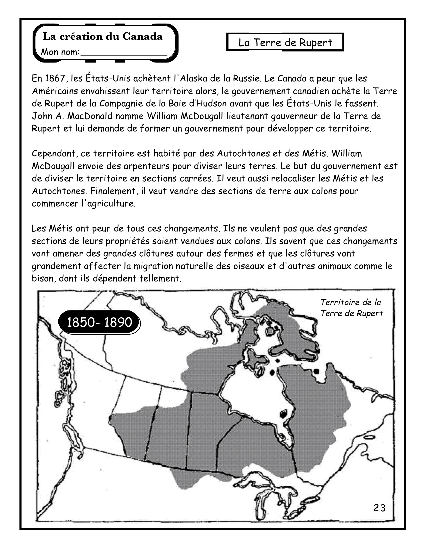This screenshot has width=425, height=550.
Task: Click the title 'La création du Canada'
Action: tap(103, 36)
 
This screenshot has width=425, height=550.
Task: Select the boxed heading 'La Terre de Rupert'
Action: tap(285, 43)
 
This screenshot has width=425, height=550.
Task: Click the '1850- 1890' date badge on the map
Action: tap(99, 322)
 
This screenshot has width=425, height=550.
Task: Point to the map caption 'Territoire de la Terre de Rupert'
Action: tap(351, 308)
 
